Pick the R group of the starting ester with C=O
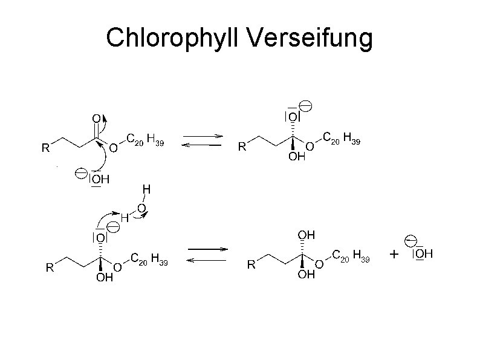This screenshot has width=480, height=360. (x=45, y=148)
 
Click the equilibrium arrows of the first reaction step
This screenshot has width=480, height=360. (x=203, y=141)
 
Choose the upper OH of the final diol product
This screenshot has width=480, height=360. (x=306, y=234)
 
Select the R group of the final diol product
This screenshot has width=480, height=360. (x=251, y=265)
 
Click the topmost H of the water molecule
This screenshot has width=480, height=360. (x=146, y=189)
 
